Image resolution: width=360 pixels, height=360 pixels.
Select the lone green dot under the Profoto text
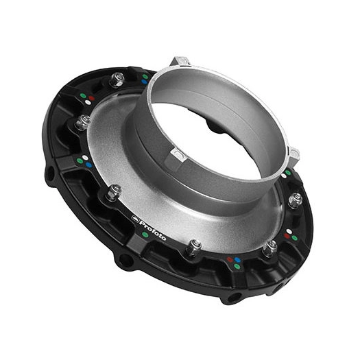(145, 234)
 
